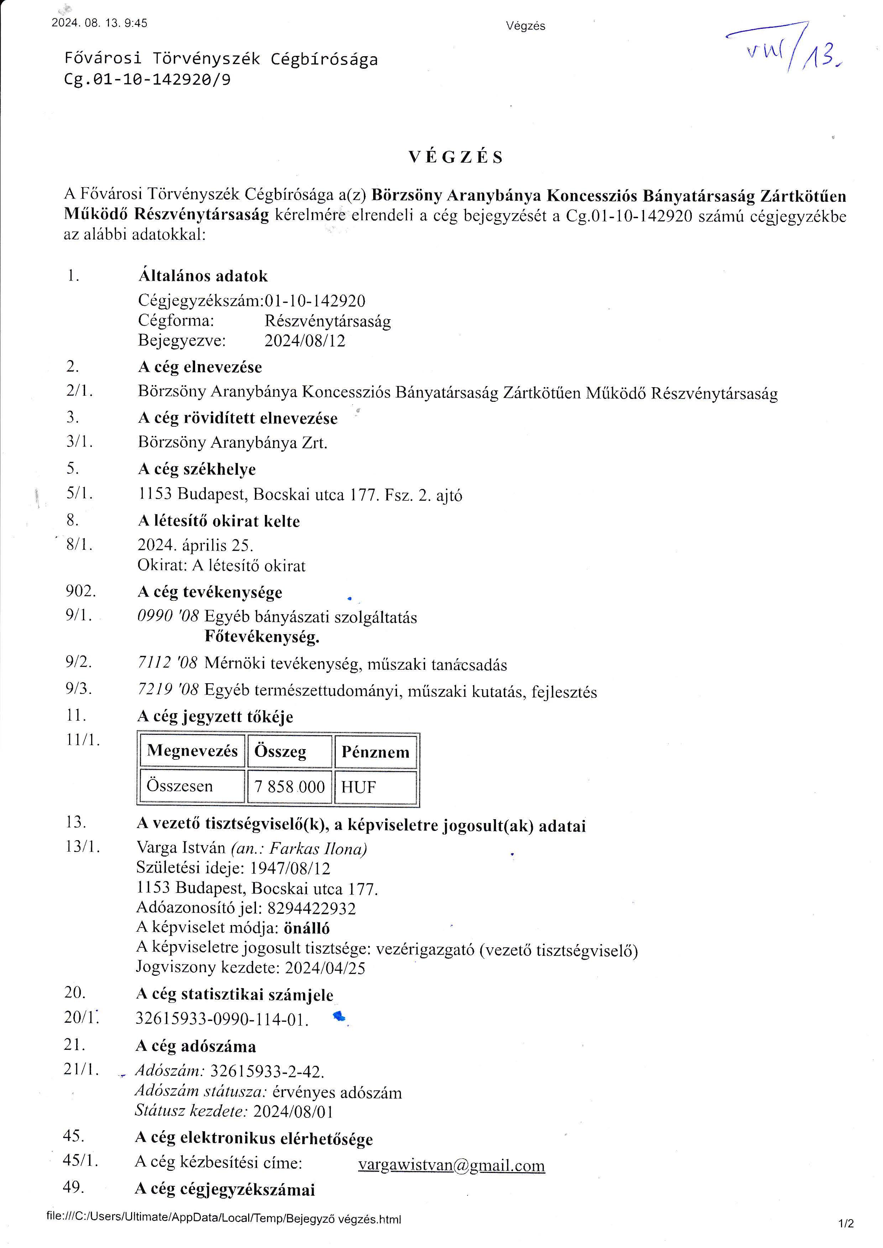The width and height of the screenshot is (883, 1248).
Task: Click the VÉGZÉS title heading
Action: coord(456,158)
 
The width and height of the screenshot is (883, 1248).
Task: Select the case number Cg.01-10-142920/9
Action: coord(147,80)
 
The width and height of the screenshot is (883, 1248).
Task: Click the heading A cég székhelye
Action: coord(197,469)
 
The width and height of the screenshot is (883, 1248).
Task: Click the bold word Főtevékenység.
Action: coord(262,637)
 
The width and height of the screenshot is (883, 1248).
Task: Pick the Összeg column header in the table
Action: coord(281,752)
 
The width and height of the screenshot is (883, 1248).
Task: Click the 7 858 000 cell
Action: coord(289,786)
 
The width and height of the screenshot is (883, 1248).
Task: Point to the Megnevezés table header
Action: coord(192,751)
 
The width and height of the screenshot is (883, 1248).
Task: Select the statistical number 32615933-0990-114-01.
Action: coord(222,1020)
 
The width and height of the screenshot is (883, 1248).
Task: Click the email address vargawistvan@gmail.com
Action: coord(451,1166)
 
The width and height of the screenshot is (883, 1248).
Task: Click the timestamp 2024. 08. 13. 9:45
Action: coord(99,23)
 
